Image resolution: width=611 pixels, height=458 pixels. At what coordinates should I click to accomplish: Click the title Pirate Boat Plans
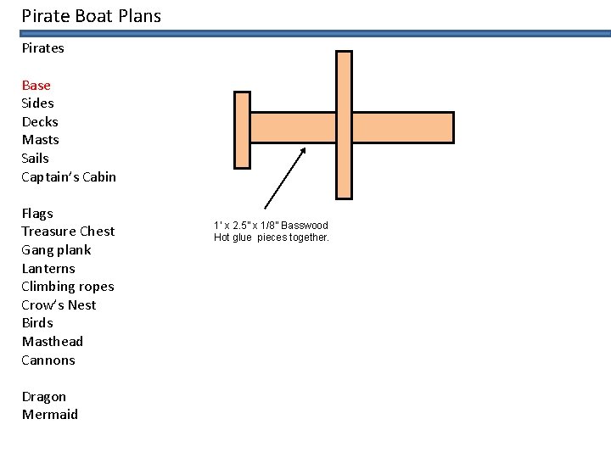pos(91,15)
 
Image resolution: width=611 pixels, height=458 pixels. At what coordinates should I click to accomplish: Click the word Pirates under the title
pos(42,48)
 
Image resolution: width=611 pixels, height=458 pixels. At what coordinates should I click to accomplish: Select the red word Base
pos(36,85)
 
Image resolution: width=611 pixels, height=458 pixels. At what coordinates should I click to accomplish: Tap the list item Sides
pos(37,103)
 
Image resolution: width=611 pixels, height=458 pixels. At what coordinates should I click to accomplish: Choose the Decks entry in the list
pos(40,121)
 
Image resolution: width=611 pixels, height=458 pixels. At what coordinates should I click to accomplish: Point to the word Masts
pos(40,140)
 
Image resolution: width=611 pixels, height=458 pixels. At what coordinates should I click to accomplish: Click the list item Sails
pos(36,159)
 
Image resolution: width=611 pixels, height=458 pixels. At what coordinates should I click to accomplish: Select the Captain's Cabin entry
pos(69,177)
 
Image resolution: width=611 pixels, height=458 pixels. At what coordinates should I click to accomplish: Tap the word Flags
pos(37,214)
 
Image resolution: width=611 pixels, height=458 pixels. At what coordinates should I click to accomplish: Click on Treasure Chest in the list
pos(68,232)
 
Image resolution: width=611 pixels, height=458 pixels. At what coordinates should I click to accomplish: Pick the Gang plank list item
pos(56,250)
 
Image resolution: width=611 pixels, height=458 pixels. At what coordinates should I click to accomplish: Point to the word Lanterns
pos(48,269)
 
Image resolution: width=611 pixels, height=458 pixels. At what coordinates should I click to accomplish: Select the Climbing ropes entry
pos(68,287)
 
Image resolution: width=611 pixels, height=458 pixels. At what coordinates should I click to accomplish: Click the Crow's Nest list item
pos(59,305)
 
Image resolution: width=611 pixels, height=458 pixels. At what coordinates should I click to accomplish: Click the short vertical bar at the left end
pos(242,129)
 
